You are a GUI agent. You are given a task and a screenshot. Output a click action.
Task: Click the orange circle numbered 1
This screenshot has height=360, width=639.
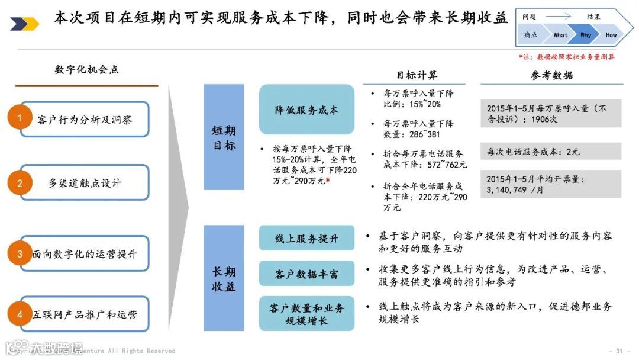pyautogui.click(x=20, y=118)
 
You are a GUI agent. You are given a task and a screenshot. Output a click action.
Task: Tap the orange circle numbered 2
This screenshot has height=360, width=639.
pyautogui.click(x=20, y=183)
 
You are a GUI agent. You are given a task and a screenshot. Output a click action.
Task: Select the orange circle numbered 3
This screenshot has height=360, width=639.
pyautogui.click(x=20, y=254)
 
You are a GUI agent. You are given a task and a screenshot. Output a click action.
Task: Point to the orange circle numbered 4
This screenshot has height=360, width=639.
pyautogui.click(x=20, y=314)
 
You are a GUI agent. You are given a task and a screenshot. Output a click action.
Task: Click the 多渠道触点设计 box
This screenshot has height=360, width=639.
pyautogui.click(x=85, y=183)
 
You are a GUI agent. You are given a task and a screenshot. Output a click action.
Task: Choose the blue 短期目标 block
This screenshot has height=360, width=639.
pyautogui.click(x=224, y=137)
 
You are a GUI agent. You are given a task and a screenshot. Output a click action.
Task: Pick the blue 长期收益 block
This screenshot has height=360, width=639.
pyautogui.click(x=224, y=278)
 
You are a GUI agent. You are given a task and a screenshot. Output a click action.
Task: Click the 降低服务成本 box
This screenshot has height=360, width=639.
pyautogui.click(x=306, y=110)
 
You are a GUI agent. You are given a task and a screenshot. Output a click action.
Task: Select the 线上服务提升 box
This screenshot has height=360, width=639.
pyautogui.click(x=306, y=238)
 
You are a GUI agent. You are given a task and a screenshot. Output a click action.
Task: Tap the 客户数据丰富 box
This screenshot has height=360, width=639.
pyautogui.click(x=306, y=274)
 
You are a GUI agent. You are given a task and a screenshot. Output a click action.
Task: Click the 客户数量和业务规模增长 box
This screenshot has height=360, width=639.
pyautogui.click(x=306, y=314)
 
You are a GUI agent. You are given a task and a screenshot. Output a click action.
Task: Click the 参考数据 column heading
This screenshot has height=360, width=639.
pyautogui.click(x=551, y=75)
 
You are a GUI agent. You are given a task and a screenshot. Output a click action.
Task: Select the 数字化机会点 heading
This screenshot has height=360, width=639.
pyautogui.click(x=86, y=69)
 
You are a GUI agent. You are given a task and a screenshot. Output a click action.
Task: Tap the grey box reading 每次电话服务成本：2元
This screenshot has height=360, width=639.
pyautogui.click(x=551, y=152)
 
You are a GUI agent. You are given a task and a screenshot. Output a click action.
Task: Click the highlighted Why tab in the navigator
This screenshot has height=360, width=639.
pyautogui.click(x=586, y=35)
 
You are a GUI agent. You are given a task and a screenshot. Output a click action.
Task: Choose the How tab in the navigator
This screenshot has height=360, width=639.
pyautogui.click(x=611, y=35)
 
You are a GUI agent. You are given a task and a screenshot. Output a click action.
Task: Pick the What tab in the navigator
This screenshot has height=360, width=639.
pyautogui.click(x=560, y=35)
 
